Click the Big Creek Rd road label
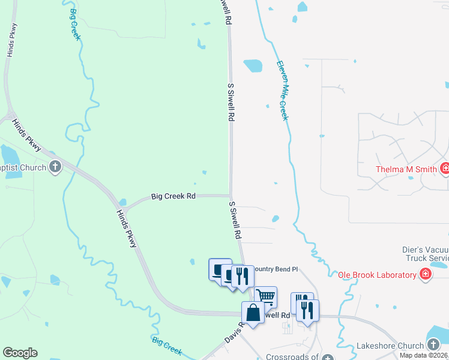[x=173, y=196]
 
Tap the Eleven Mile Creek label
[x=282, y=90]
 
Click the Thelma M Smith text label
[x=406, y=169]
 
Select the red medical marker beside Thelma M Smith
[x=445, y=169]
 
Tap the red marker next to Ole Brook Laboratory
[x=426, y=275]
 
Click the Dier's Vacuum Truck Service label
[x=425, y=254]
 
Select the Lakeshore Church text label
[x=390, y=346]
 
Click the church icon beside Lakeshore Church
[x=434, y=344]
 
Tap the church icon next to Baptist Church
[x=55, y=167]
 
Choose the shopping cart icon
[x=265, y=296]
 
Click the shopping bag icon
[x=253, y=312]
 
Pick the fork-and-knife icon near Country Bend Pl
[x=242, y=275]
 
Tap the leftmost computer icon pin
[x=219, y=268]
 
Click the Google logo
[x=20, y=353]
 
